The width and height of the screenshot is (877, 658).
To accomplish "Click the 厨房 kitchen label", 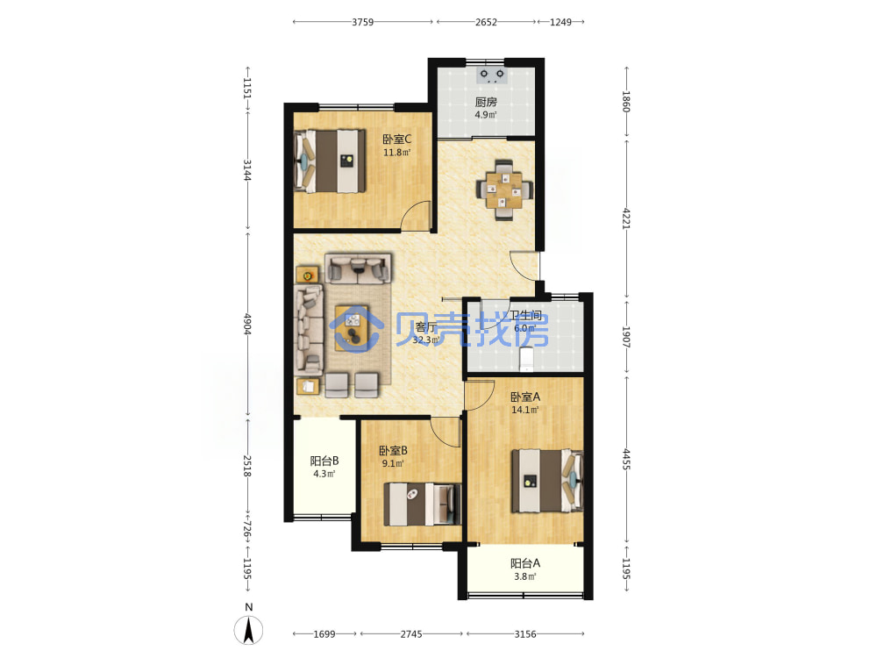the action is click(486, 102).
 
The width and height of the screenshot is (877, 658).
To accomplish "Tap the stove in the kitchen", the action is click(492, 75).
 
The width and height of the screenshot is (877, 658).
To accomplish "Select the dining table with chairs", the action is click(504, 190).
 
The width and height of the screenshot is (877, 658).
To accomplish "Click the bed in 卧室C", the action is click(330, 161).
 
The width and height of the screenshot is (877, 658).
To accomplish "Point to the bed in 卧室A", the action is click(547, 481).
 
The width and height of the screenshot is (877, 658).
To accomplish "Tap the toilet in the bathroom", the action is click(526, 359).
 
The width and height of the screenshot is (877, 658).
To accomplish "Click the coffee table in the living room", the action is click(352, 328).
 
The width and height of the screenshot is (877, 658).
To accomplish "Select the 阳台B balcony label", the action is click(324, 461).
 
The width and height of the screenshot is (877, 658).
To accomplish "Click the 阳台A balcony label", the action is click(524, 563).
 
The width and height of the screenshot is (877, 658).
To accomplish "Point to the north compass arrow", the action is click(248, 630).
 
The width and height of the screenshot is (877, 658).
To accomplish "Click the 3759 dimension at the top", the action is click(362, 22).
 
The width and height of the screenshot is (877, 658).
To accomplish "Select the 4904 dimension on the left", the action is click(247, 324).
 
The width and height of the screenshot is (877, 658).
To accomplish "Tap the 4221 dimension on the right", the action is click(626, 218).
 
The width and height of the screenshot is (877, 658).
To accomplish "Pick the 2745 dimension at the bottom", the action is click(411, 634).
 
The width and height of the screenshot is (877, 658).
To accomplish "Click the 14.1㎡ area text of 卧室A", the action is click(524, 410).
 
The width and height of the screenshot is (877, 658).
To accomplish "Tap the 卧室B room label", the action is click(393, 450).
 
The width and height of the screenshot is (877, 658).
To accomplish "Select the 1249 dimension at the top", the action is click(560, 22).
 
